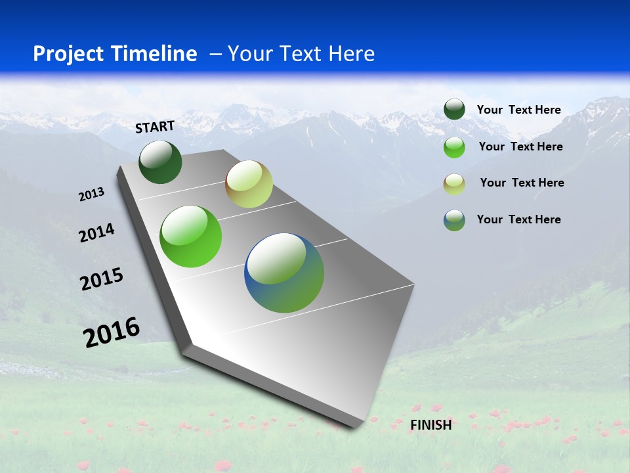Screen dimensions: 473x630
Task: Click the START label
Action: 155,127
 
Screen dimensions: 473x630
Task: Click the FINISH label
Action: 431,425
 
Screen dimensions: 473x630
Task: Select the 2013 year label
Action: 91,194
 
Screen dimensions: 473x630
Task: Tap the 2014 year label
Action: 97,233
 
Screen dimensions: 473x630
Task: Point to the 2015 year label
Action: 102,279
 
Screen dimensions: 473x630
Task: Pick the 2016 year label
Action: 112,332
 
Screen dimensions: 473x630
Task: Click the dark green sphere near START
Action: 161,162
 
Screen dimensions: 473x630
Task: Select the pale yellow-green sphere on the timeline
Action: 249,184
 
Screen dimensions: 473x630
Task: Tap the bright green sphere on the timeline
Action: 191,236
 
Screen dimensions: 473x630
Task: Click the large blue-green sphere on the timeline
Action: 284,273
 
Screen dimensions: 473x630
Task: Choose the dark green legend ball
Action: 454,110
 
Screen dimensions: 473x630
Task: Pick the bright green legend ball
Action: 454,147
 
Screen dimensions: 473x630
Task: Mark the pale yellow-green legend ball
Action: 454,184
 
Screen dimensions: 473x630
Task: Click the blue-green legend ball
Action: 454,220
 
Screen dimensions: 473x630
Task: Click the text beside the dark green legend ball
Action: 518,110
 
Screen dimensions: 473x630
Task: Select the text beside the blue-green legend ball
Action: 518,219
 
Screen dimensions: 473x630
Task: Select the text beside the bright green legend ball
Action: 520,146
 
